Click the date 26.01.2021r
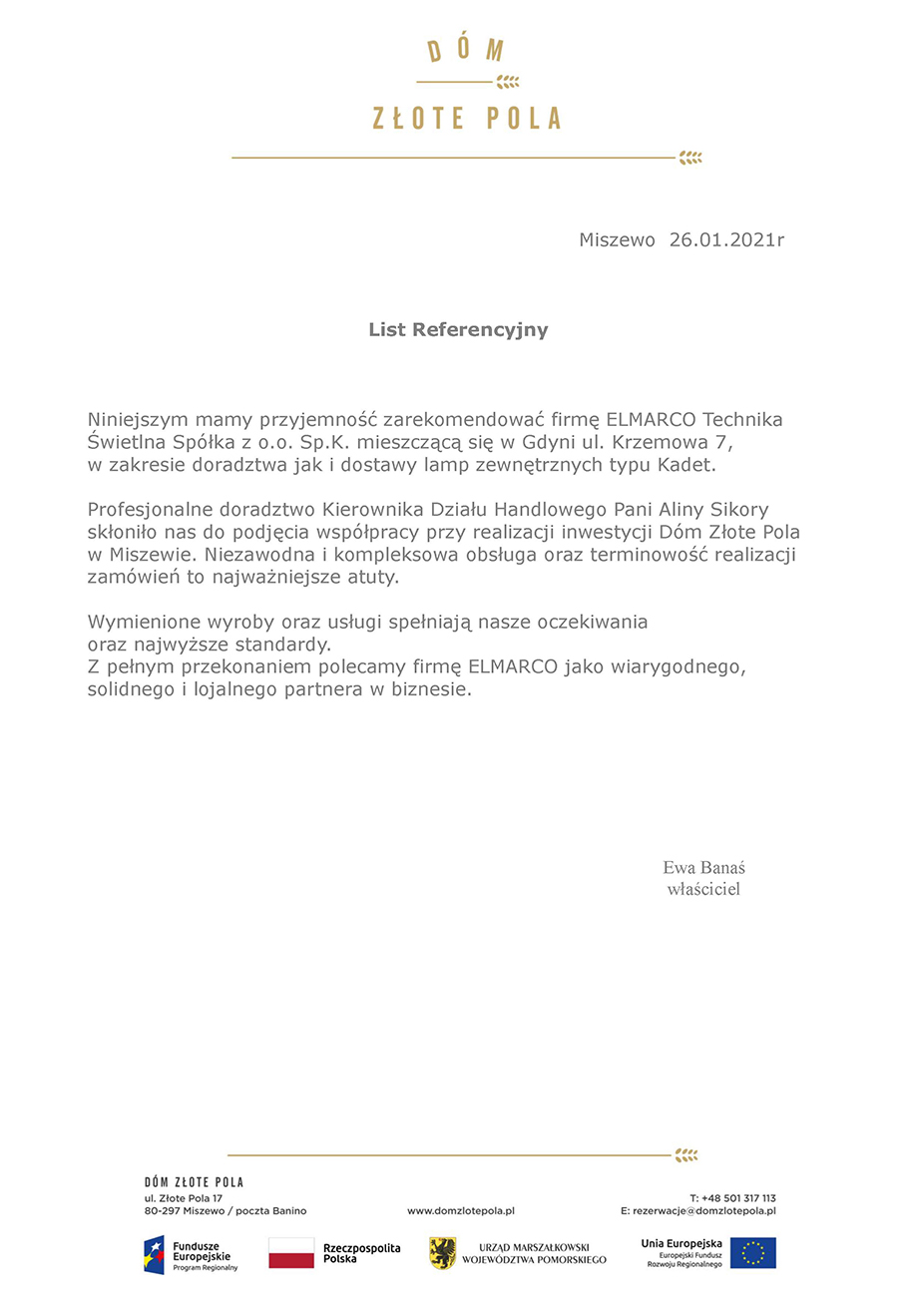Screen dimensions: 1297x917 [x=726, y=240]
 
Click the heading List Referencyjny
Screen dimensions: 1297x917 [x=458, y=329]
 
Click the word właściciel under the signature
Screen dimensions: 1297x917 [x=703, y=889]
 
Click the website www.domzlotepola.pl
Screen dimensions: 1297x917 [x=460, y=1211]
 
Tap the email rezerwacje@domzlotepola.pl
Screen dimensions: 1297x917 [x=703, y=1211]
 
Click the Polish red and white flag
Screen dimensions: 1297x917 [x=291, y=1253]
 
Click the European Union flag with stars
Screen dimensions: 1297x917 [x=752, y=1253]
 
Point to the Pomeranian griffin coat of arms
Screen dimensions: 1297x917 [x=442, y=1253]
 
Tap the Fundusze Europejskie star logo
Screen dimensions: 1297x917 [x=155, y=1254]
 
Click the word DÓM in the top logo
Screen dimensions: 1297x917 [x=466, y=51]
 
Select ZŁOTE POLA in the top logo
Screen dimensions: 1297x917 [x=466, y=119]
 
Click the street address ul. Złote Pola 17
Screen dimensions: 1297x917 [x=184, y=1197]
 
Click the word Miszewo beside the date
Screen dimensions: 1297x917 [x=617, y=240]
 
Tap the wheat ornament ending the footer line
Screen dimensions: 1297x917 [x=687, y=1155]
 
